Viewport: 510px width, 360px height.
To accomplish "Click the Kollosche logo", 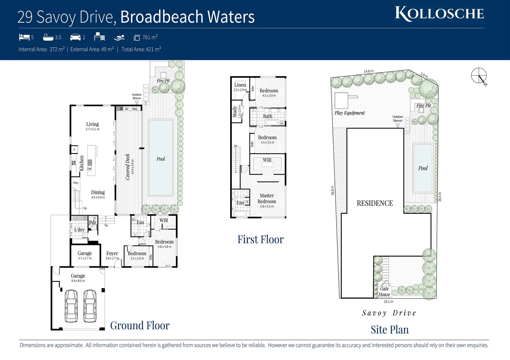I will pyautogui.click(x=439, y=14).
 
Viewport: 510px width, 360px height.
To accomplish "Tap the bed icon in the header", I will pyautogui.click(x=24, y=37).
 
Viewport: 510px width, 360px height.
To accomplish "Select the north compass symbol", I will pyautogui.click(x=479, y=76).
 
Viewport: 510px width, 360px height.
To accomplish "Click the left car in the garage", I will pyautogui.click(x=71, y=306).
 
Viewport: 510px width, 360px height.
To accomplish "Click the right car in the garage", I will pyautogui.click(x=90, y=306).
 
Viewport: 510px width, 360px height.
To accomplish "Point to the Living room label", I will pyautogui.click(x=92, y=124).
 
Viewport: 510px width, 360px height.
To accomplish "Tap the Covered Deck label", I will pyautogui.click(x=128, y=167).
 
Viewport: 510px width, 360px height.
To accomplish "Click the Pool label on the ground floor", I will pyautogui.click(x=161, y=159).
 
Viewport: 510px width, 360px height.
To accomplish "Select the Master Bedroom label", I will pyautogui.click(x=267, y=199).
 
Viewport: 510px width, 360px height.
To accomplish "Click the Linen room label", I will pyautogui.click(x=240, y=85).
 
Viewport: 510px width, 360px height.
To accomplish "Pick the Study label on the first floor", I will pyautogui.click(x=235, y=112).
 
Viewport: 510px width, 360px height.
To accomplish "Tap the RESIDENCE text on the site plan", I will pyautogui.click(x=375, y=203).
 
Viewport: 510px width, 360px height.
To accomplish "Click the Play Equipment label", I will pyautogui.click(x=350, y=113).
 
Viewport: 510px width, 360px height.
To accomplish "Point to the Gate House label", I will pyautogui.click(x=384, y=292).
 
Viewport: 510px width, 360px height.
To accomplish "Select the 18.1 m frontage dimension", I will pyautogui.click(x=388, y=302).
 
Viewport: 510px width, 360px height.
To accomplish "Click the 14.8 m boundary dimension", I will pyautogui.click(x=369, y=71).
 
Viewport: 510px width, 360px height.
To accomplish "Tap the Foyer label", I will pyautogui.click(x=112, y=254).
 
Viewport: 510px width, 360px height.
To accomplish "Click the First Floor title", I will pyautogui.click(x=261, y=240).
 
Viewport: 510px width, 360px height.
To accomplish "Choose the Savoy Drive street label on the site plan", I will pyautogui.click(x=389, y=313).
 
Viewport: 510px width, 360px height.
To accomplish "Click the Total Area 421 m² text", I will pyautogui.click(x=141, y=49).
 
